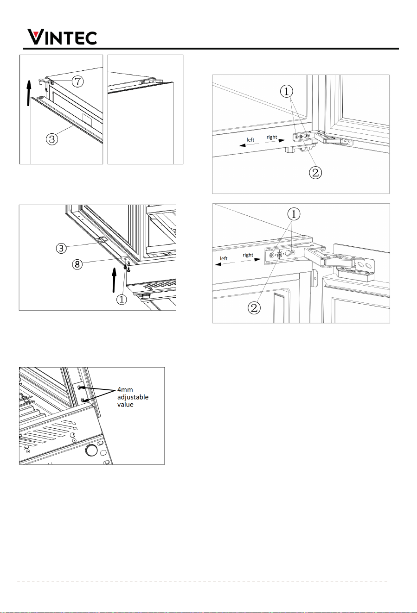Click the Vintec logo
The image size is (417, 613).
tap(62, 37)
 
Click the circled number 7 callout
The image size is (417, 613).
tap(78, 81)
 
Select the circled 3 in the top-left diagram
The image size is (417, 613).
tap(52, 139)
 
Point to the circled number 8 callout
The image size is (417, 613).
tap(77, 264)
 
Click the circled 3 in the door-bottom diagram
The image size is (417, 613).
tap(61, 249)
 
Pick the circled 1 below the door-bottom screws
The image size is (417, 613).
tap(122, 300)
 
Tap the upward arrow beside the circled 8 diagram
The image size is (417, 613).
tap(114, 280)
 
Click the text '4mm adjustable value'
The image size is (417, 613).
tap(133, 397)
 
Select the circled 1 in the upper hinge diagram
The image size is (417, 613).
tap(287, 91)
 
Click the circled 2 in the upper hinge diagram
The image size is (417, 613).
tap(315, 172)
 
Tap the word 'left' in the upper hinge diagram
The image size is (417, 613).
tap(250, 139)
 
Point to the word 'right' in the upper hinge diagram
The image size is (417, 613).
tap(272, 137)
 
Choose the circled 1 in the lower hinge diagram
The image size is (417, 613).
tap(294, 214)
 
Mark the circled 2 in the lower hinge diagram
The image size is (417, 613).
tap(254, 308)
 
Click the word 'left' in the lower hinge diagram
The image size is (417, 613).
tap(224, 258)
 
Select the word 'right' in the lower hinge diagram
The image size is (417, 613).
tap(248, 255)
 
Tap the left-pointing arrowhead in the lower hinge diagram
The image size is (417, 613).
tap(218, 264)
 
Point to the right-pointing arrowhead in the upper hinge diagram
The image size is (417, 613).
tap(282, 141)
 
